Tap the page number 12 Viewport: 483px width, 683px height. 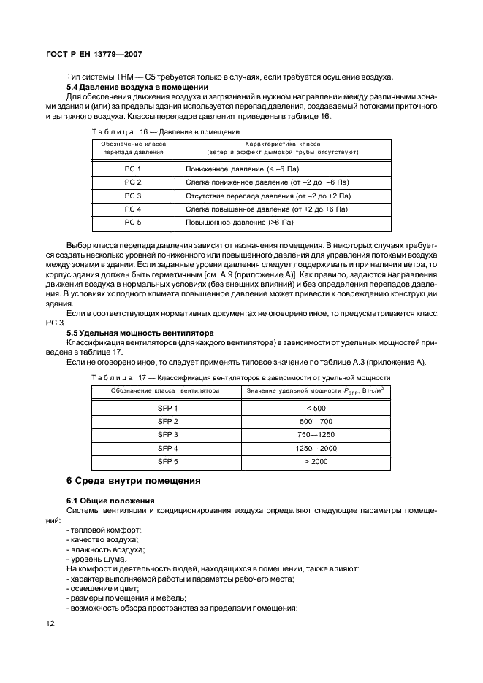point(50,624)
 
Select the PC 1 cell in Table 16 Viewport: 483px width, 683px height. point(132,169)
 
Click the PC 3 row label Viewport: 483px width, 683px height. point(132,196)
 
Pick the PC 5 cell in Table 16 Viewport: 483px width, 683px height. point(132,221)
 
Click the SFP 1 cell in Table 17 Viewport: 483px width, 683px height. point(168,409)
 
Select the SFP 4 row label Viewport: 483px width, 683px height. point(168,448)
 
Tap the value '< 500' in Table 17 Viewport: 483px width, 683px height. point(316,409)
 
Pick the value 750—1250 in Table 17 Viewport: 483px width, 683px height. point(316,435)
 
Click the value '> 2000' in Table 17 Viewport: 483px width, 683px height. point(316,461)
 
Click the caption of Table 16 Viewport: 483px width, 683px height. point(165,131)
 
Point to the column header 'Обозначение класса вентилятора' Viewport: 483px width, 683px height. point(165,391)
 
